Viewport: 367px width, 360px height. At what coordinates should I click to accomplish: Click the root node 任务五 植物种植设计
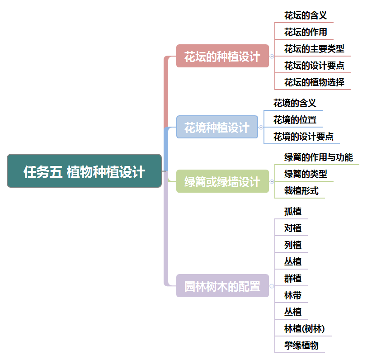85,171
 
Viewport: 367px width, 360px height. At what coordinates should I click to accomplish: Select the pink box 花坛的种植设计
222,56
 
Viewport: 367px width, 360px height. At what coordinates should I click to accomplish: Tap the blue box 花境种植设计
217,127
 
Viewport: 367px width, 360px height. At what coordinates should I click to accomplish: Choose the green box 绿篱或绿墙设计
222,182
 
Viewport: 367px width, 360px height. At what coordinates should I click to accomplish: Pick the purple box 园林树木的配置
222,286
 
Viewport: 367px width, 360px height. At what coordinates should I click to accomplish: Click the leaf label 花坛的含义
305,15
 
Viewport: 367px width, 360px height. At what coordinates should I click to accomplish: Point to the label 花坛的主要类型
314,49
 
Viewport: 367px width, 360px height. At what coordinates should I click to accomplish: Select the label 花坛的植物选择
314,82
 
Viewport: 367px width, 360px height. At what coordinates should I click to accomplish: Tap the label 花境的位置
295,120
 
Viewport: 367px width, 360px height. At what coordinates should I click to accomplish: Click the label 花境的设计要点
303,137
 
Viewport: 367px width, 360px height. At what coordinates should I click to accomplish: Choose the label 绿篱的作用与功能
318,157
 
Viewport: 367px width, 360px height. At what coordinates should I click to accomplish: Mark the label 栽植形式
301,191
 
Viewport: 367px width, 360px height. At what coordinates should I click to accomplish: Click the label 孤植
293,211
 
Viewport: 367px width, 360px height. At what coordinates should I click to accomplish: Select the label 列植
293,245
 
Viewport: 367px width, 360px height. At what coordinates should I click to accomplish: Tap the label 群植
293,278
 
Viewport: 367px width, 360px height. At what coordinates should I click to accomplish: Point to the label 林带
293,295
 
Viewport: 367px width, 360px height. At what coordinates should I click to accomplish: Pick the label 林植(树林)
304,328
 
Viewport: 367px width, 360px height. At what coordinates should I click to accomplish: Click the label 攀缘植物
301,346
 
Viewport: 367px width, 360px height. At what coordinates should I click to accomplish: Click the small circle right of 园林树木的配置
272,286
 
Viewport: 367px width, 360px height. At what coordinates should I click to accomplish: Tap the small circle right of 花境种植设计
261,127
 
